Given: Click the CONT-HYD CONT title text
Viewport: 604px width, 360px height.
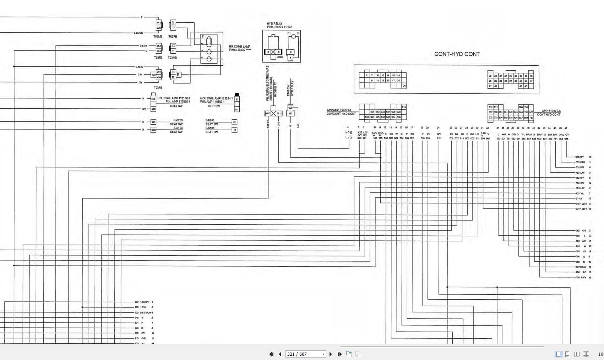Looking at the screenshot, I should tap(457, 54).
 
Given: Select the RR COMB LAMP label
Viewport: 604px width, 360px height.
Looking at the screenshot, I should tap(240, 47).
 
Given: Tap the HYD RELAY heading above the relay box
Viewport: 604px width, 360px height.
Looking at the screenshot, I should tap(274, 24).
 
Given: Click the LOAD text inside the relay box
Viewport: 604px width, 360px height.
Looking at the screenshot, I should tap(280, 57).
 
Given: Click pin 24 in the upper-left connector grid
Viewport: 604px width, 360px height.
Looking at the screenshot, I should tap(404, 86).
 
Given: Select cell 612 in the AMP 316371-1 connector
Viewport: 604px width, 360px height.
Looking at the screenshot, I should tap(404, 107).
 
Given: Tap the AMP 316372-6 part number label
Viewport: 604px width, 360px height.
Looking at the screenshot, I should tap(551, 111).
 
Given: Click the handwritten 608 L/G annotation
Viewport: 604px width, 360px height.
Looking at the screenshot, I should tap(349, 135).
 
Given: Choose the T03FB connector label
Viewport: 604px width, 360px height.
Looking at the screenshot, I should tap(158, 88).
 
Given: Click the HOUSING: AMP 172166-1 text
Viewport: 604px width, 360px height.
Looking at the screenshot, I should tap(174, 98).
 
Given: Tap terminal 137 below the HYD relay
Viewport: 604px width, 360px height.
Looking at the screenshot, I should tap(290, 113).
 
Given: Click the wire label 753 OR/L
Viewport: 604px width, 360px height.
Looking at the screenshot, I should tap(581, 162).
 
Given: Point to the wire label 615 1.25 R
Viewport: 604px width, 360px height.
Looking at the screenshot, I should tap(581, 204).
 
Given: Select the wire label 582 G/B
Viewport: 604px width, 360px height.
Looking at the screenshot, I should tap(581, 230).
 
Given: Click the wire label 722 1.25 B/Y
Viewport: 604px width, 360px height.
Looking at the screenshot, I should tap(142, 302).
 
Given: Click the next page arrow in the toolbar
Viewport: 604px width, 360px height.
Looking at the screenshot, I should tap(331, 354).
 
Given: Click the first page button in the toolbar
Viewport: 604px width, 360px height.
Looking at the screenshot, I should tap(271, 354).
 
